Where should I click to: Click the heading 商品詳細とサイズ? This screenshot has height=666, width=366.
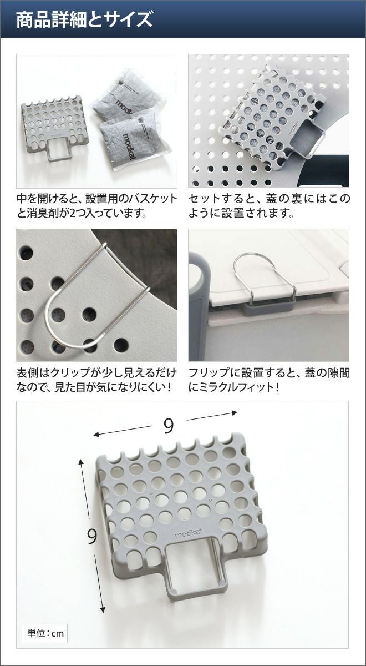84,20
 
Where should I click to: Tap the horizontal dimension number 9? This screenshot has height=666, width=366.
169,426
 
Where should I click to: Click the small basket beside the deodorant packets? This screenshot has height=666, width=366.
55,127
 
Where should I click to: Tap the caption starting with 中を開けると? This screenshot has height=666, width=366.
97,206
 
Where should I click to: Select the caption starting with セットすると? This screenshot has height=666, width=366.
270,206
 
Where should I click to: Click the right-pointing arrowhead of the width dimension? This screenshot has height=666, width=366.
235,413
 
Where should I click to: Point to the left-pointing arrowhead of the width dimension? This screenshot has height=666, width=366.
96,435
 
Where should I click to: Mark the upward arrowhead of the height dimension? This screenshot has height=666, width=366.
80,462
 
